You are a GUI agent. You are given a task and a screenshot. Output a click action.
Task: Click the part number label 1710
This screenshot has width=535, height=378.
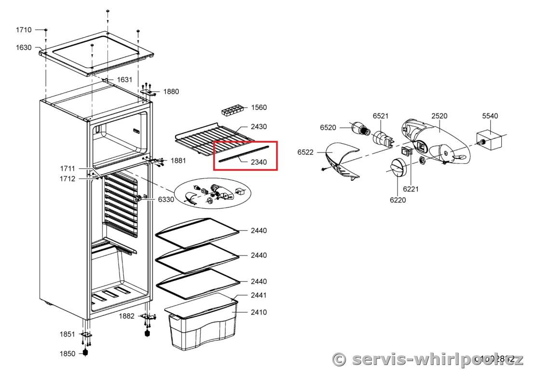click(x=24, y=30)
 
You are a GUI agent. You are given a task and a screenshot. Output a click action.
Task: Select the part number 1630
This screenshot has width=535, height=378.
click(x=24, y=48)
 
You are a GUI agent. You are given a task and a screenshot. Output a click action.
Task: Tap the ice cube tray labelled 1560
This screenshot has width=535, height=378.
click(x=232, y=110)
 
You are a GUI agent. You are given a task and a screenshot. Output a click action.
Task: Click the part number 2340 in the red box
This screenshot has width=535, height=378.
click(x=259, y=162)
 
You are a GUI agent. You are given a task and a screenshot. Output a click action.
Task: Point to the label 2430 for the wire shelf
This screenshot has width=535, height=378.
click(x=259, y=126)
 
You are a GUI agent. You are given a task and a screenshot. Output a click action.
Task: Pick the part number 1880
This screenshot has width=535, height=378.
click(x=171, y=91)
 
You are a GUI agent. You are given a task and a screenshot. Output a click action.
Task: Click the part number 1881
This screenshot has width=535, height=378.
click(x=178, y=161)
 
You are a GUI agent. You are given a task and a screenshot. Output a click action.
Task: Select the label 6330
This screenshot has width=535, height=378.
click(x=166, y=199)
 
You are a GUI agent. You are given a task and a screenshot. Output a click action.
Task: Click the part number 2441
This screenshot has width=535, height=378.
click(x=259, y=295)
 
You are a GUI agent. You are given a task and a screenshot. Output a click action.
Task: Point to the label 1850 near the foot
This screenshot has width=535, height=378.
click(x=67, y=353)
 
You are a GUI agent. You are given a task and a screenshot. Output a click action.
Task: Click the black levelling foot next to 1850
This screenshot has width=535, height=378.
click(x=86, y=352)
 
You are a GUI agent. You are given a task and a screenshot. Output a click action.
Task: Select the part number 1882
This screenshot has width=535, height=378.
click(x=127, y=316)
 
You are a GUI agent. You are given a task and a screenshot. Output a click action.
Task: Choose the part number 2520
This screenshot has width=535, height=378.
click(x=439, y=116)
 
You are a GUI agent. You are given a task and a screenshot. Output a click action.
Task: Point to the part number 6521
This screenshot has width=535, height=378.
click(x=380, y=116)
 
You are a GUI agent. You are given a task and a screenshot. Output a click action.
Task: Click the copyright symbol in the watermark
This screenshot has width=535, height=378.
click(x=340, y=359)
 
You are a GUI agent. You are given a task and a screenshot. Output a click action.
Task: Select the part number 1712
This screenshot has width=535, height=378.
click(x=67, y=179)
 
